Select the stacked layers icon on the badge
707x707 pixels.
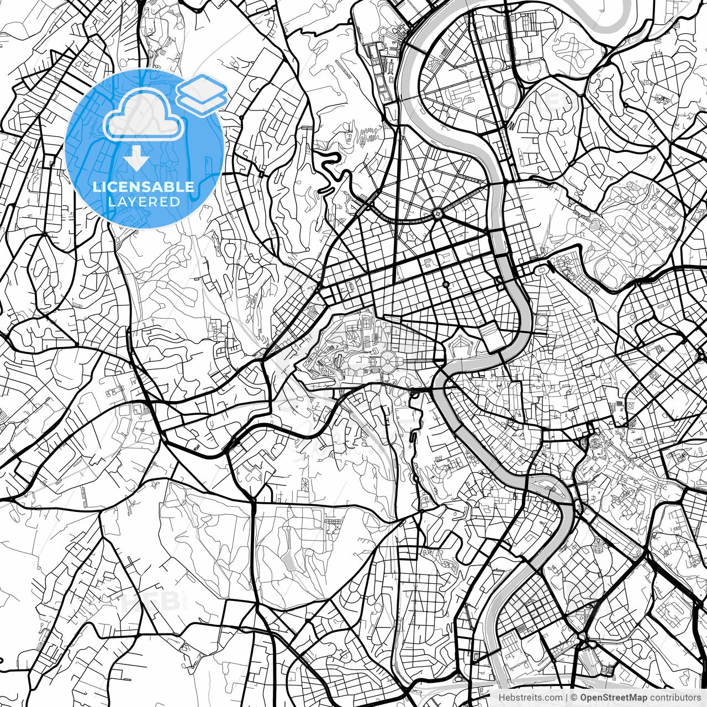tap(202, 93)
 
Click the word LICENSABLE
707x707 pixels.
tap(144, 187)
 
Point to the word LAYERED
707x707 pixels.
tap(144, 202)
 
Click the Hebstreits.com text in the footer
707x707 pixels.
tap(530, 698)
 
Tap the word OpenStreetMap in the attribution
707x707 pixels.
tap(613, 698)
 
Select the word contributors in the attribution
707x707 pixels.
tap(674, 698)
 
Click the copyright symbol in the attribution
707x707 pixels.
tap(574, 698)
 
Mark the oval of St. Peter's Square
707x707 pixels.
tap(388, 362)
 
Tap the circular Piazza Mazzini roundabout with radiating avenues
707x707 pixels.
tap(437, 213)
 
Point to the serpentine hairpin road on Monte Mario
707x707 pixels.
tap(331, 174)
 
